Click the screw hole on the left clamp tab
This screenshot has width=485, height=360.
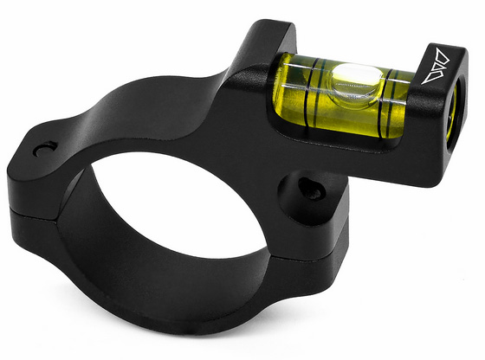coord(43,151)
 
